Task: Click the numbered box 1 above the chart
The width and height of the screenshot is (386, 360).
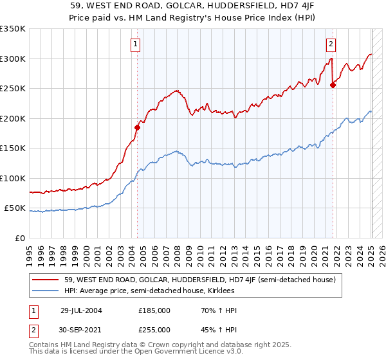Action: click(x=136, y=44)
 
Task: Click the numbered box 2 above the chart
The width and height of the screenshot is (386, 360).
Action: click(x=331, y=44)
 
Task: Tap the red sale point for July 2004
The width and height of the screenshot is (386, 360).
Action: click(x=137, y=127)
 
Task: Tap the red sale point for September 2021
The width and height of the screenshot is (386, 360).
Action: click(x=333, y=85)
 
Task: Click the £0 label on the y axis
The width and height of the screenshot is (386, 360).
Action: click(x=19, y=239)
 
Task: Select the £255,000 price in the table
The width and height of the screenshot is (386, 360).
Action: click(x=154, y=330)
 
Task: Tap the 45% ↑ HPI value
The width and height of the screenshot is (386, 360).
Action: click(x=211, y=330)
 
